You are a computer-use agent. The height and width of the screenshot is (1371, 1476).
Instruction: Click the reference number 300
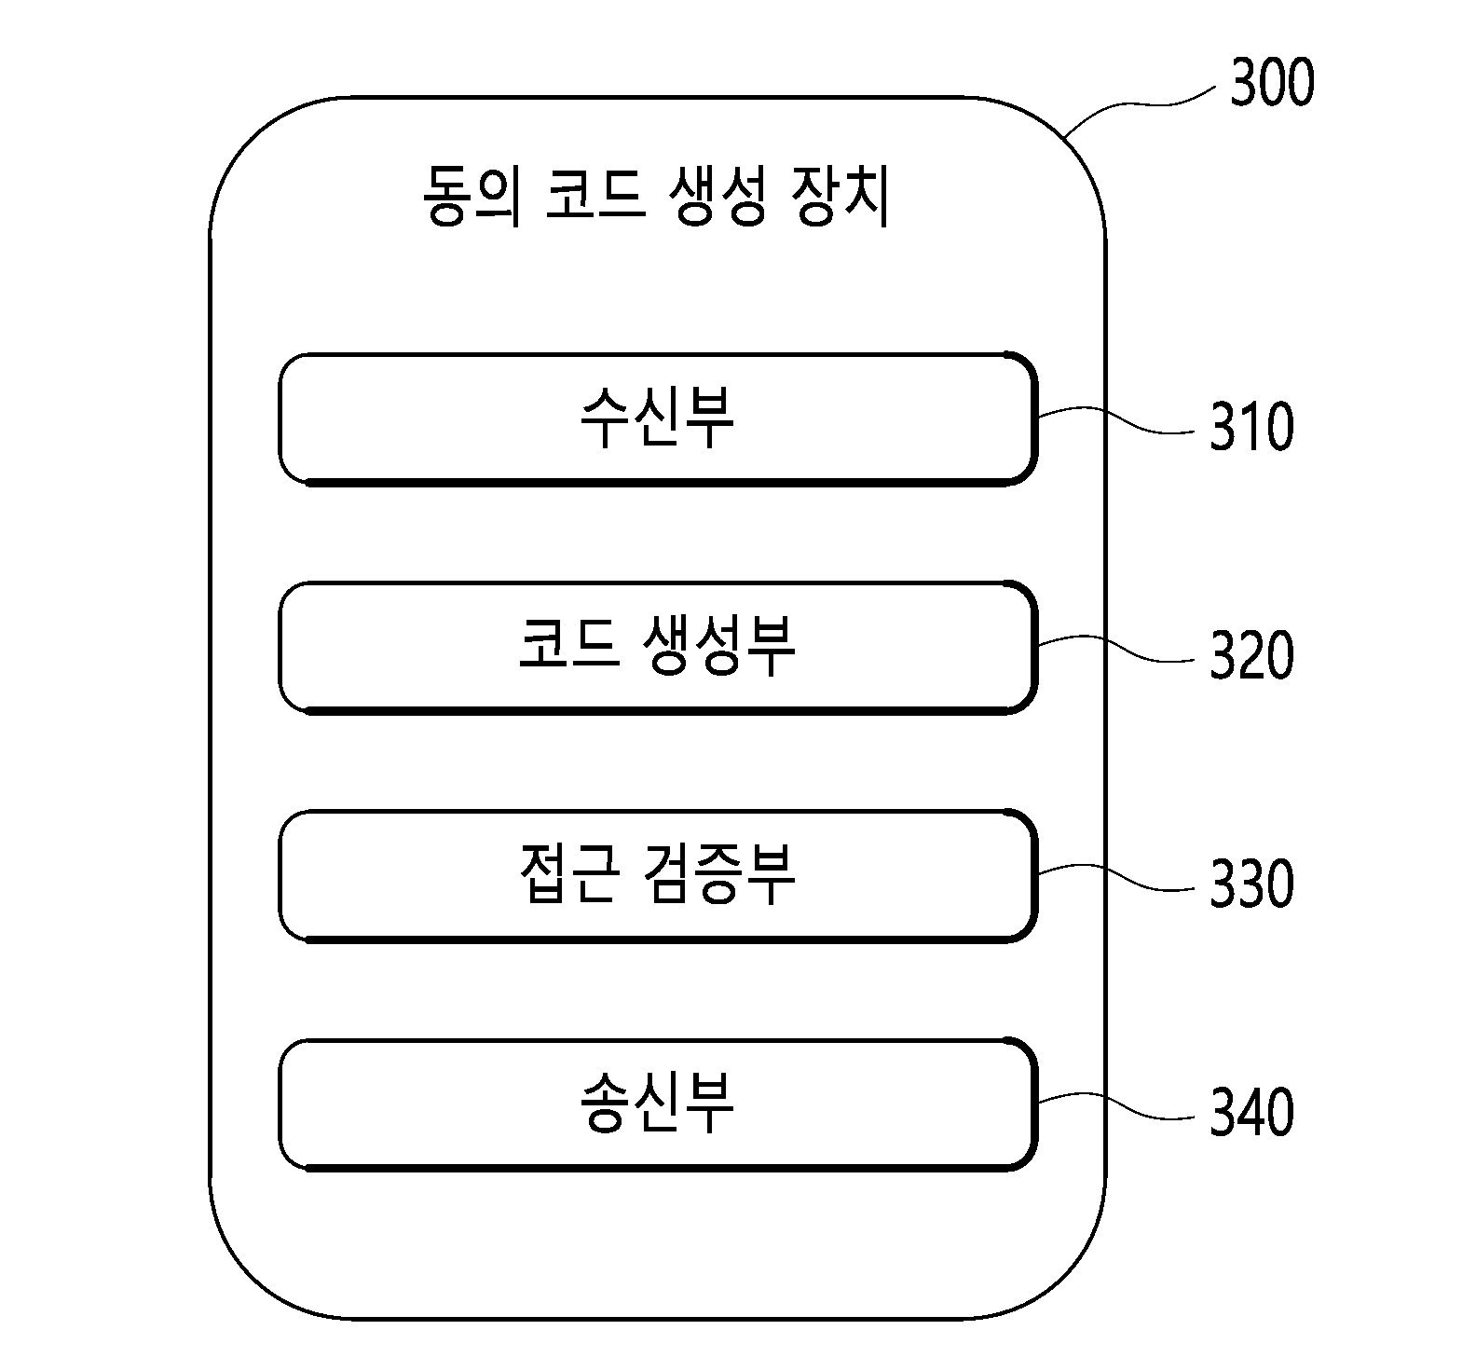click(x=1272, y=83)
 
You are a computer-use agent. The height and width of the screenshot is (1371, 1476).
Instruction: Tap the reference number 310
click(x=1251, y=428)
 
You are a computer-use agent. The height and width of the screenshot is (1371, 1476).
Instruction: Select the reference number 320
click(x=1251, y=655)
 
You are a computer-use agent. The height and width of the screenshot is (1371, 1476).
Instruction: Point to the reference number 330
click(x=1251, y=884)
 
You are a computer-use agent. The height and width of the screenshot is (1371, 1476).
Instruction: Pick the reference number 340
click(x=1251, y=1112)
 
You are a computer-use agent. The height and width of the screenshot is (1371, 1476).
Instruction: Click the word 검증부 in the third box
click(x=719, y=875)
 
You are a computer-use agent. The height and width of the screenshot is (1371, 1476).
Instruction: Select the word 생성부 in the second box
click(x=719, y=647)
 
